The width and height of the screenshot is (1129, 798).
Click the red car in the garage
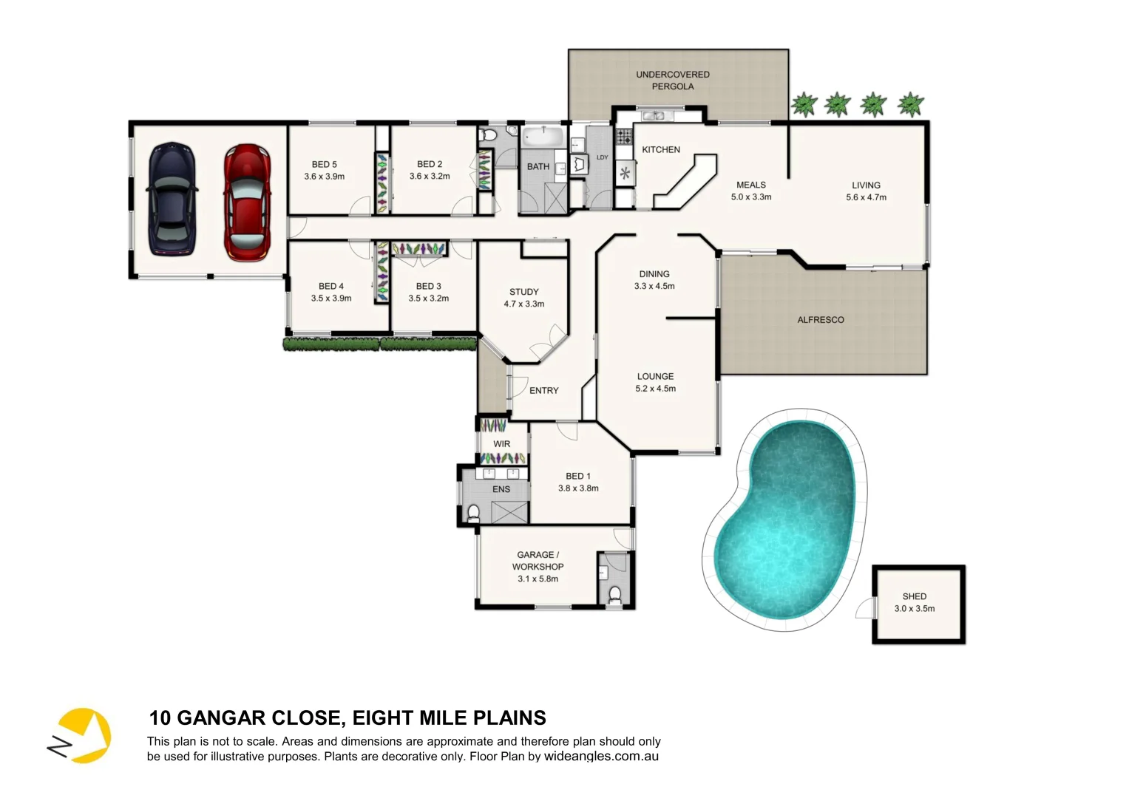click(x=247, y=202)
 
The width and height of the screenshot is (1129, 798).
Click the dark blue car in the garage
click(x=172, y=198)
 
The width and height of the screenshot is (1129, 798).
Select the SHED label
click(x=914, y=596)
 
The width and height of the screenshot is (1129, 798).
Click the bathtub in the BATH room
click(x=543, y=137)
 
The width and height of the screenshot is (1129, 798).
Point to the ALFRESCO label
click(x=820, y=320)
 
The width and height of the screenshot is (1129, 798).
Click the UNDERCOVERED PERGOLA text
click(x=672, y=81)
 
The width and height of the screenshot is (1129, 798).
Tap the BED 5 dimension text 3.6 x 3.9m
click(x=324, y=177)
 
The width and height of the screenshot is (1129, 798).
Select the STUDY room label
click(x=523, y=292)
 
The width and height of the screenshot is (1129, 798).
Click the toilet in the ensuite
click(x=473, y=512)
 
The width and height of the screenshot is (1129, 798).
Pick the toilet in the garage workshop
click(x=614, y=594)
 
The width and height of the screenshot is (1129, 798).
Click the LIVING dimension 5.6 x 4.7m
click(x=866, y=197)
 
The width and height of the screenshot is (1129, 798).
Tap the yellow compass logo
click(x=81, y=735)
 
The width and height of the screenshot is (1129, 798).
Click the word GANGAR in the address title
click(x=222, y=718)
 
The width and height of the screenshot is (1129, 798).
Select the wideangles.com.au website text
click(x=601, y=757)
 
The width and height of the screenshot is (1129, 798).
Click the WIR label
click(x=501, y=444)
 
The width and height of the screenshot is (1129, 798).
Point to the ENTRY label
click(x=543, y=391)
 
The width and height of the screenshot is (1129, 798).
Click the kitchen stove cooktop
click(x=623, y=135)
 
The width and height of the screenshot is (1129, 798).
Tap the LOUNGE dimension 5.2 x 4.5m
click(x=655, y=389)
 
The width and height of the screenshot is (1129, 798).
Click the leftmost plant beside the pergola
click(x=803, y=104)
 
